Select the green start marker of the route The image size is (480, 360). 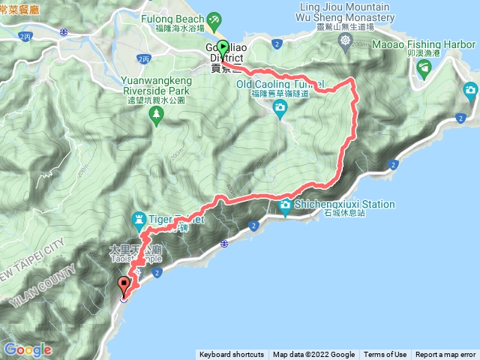223,46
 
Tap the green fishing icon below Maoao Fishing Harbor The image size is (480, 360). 425,69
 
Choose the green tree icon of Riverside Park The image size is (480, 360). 156,114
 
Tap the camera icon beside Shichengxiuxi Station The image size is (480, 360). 285,205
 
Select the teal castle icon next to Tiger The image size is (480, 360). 139,219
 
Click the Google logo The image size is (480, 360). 27,349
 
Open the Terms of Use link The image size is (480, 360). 385,355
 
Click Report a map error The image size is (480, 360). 445,355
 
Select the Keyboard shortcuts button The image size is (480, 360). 231,355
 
